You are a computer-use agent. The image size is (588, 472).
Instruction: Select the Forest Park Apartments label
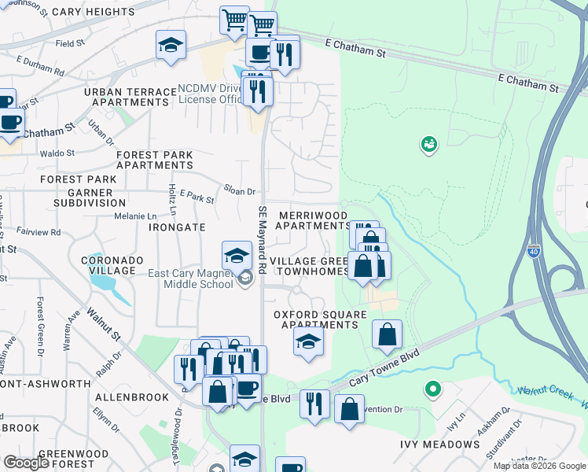pyautogui.click(x=155, y=160)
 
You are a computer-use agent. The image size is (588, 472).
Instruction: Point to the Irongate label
pyautogui.click(x=177, y=227)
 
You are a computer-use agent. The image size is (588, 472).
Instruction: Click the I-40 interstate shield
pyautogui.click(x=532, y=253)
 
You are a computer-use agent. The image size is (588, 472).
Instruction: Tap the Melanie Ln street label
pyautogui.click(x=136, y=216)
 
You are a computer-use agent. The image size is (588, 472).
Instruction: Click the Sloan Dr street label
pyautogui.click(x=240, y=191)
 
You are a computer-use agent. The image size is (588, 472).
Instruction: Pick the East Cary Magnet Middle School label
pyautogui.click(x=192, y=278)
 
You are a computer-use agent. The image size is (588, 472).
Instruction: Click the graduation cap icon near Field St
pyautogui.click(x=171, y=46)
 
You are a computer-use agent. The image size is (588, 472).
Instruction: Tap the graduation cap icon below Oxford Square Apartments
pyautogui.click(x=309, y=341)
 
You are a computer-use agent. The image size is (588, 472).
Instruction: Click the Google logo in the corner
pyautogui.click(x=26, y=463)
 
